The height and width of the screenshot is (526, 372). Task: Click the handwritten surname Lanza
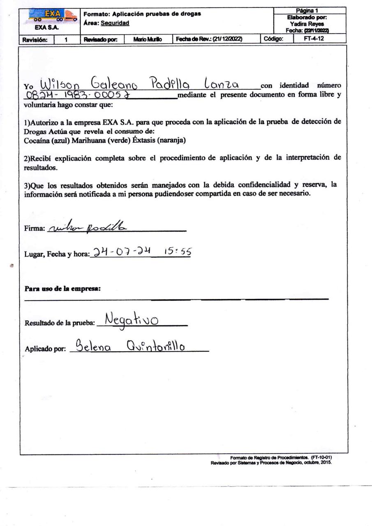click(221, 84)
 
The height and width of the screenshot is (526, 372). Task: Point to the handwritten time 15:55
click(178, 251)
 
